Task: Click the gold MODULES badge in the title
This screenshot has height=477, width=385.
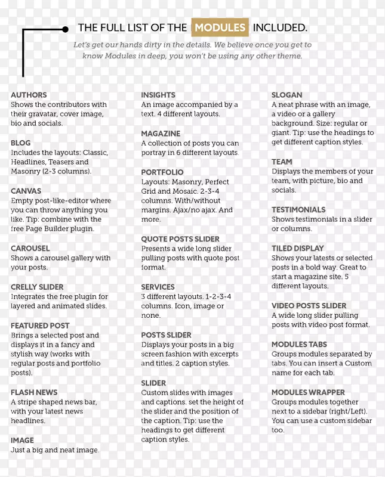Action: point(219,27)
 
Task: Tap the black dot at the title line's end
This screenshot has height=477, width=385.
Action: point(65,28)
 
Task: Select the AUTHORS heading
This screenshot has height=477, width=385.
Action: point(29,95)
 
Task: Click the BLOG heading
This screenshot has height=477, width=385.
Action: point(21,143)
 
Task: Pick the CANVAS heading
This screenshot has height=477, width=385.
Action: point(26,191)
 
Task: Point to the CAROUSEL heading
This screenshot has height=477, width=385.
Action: point(30,248)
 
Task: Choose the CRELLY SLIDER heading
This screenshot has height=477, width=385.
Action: point(37,287)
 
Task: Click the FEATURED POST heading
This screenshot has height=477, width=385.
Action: point(40,326)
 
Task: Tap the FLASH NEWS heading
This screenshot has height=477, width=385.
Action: point(34,392)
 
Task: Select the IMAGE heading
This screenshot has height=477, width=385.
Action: point(22,440)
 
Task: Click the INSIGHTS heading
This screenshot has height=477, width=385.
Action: point(158,95)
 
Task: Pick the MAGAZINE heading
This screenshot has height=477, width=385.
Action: point(161,134)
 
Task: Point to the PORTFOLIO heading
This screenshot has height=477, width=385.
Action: point(162,172)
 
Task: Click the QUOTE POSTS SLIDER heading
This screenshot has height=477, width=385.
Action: point(180,239)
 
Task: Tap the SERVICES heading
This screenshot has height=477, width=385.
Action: point(158,287)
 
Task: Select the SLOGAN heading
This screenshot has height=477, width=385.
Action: point(287,95)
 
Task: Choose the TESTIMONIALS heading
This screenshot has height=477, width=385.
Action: point(298,210)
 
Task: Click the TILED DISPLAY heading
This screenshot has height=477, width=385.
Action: point(298,248)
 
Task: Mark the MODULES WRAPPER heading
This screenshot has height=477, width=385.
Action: point(308,392)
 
